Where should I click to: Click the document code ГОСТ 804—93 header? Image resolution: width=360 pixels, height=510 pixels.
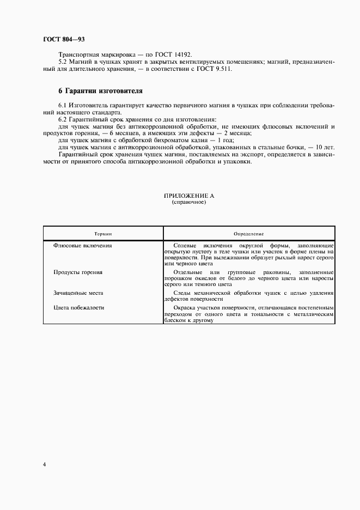coord(63,39)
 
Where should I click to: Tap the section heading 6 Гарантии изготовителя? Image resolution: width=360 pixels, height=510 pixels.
coord(100,90)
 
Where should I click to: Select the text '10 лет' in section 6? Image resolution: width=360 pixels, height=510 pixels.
coord(325,147)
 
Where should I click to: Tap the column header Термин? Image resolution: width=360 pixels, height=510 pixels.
coord(103,233)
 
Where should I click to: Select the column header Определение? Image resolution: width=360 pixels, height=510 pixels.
coord(248,233)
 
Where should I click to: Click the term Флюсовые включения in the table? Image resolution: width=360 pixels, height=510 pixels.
coord(83,246)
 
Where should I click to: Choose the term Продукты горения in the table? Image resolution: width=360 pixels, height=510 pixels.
coord(78,272)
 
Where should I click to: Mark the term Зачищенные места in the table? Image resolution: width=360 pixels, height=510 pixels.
coord(78,293)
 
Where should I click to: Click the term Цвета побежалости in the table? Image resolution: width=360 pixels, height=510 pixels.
coord(79,308)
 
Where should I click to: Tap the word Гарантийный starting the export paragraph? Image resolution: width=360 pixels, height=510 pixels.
coord(77,154)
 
